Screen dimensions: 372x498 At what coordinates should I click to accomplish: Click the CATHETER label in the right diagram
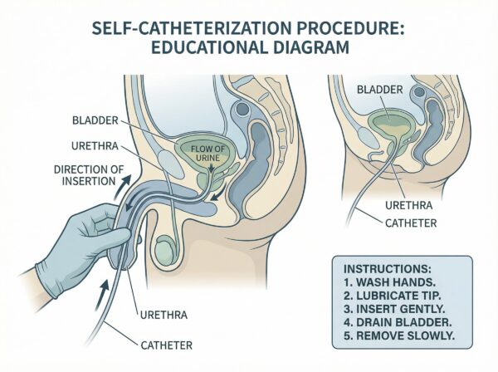click(409, 222)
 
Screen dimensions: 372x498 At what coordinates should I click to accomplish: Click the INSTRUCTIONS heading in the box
click(375, 271)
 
